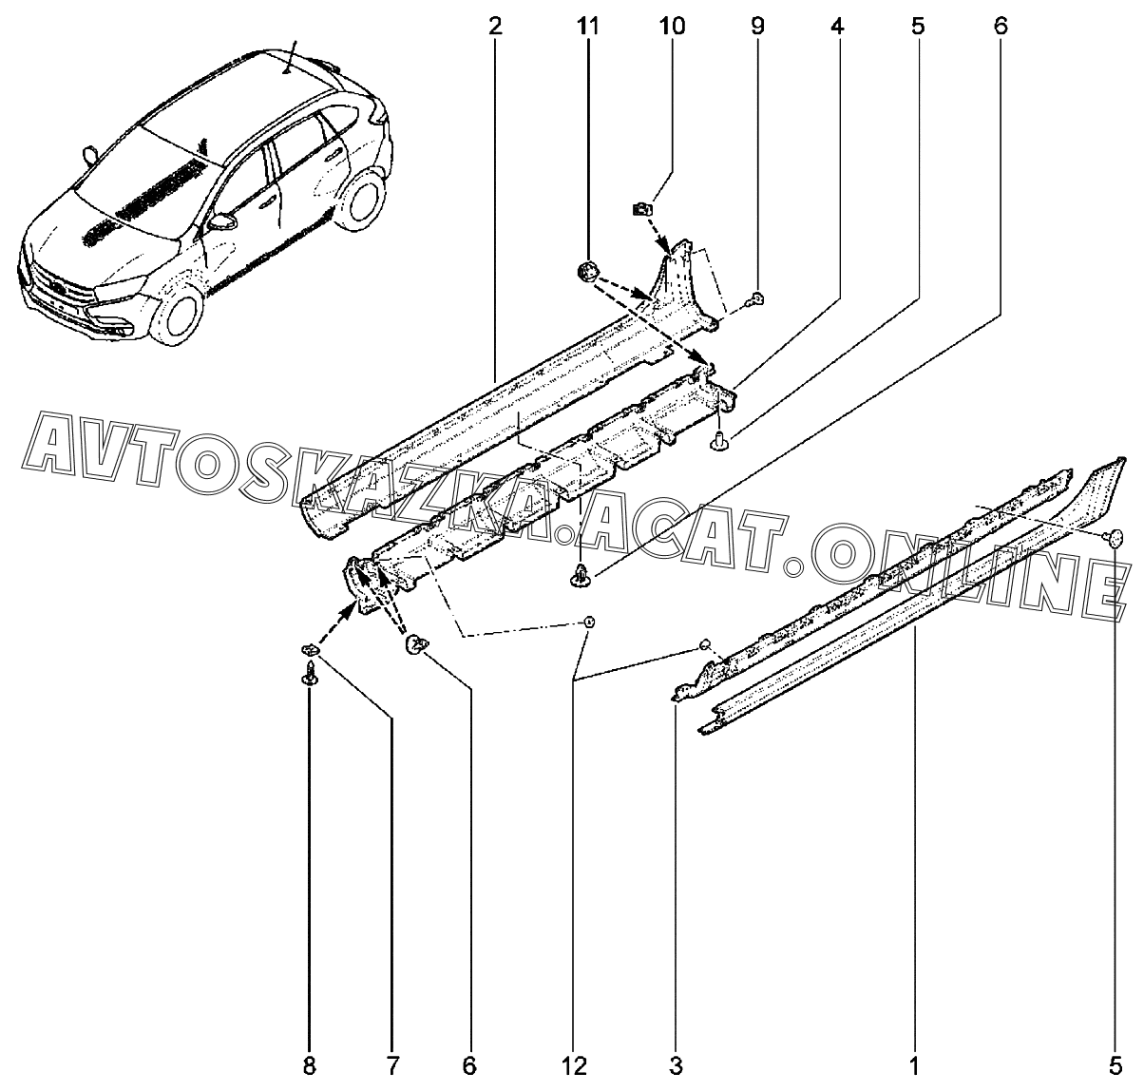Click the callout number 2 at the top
494,26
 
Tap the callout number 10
671,26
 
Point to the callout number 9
757,26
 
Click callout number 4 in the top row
836,26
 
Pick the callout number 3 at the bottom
676,1067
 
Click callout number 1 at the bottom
913,1067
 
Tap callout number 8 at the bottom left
309,1067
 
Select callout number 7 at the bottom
393,1067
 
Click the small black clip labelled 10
641,208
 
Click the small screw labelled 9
755,300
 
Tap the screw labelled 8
311,677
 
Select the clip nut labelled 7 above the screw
310,649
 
